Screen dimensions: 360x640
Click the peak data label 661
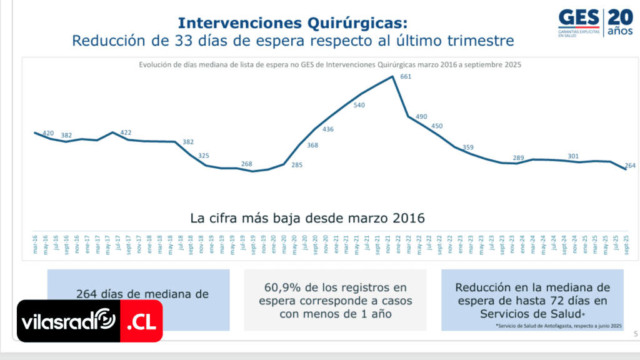pyautogui.click(x=406, y=77)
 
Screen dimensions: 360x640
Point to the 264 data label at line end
pyautogui.click(x=630, y=166)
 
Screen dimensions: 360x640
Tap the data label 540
pyautogui.click(x=359, y=105)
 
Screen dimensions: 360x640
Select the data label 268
pyautogui.click(x=247, y=164)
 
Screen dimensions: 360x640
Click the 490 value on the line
pyautogui.click(x=421, y=117)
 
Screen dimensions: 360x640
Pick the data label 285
pyautogui.click(x=297, y=166)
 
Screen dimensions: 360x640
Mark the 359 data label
pyautogui.click(x=467, y=147)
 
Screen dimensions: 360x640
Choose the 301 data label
pyautogui.click(x=573, y=156)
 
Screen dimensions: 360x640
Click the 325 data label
pyautogui.click(x=204, y=156)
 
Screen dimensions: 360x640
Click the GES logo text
pyautogui.click(x=579, y=18)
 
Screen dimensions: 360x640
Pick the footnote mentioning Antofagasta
pyautogui.click(x=559, y=326)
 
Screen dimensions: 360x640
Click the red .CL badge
pyautogui.click(x=141, y=322)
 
